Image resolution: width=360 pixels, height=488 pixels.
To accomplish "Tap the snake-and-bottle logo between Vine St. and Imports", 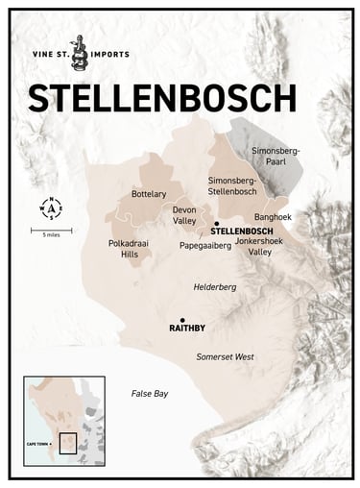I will [x=85, y=57].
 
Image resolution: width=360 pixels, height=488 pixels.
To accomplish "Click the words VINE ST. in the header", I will [x=49, y=57].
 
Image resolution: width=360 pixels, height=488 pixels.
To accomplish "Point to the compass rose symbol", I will [x=50, y=207].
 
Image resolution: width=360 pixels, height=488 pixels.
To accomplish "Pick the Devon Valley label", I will [x=184, y=214].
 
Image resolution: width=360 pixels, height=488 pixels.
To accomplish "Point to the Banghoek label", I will [x=273, y=217].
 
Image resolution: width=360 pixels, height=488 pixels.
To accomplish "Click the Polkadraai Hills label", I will [x=123, y=250].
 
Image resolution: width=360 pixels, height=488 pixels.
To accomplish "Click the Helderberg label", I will [x=215, y=285].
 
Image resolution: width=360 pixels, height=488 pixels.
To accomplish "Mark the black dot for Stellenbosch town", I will [x=216, y=222].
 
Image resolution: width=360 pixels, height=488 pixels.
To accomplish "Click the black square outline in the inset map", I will [x=67, y=444].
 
